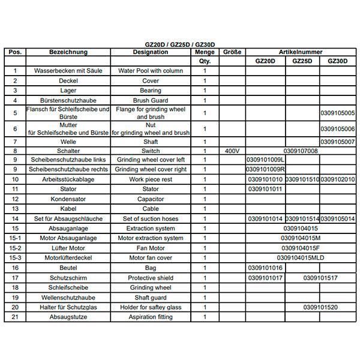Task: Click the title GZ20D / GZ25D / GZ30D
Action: point(180,45)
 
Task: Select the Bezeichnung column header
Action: point(69,52)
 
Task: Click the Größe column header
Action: point(232,52)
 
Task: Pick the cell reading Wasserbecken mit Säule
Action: point(69,71)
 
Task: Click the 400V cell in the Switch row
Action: point(232,151)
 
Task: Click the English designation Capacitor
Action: point(151,199)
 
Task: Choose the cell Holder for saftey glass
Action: point(151,307)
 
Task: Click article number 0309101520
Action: point(320,307)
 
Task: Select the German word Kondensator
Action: point(69,199)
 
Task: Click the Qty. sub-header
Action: point(205,62)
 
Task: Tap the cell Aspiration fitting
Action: point(151,317)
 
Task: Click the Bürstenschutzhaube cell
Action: point(69,100)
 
